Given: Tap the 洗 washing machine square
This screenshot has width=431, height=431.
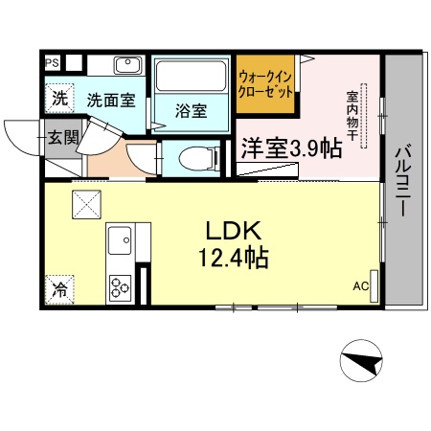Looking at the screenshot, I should coord(59,98).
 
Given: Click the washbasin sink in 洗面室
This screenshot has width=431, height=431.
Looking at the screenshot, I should coord(126,67).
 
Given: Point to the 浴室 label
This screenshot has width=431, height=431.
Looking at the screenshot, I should coord(191,111).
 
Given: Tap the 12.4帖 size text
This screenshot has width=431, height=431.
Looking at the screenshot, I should coord(235,258).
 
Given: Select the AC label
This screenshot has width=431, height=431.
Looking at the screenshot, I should coord(361,285).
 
